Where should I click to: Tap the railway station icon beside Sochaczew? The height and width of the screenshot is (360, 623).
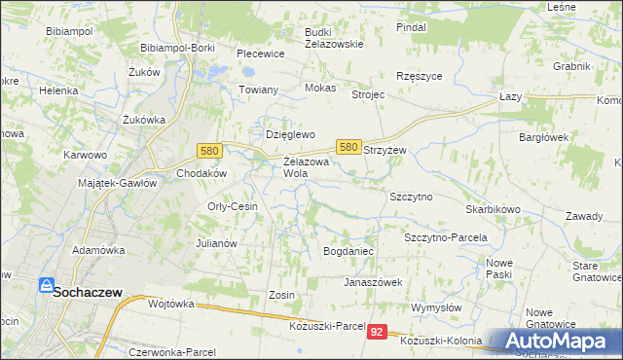pyautogui.click(x=45, y=285)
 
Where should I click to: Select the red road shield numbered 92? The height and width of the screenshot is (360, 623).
pyautogui.click(x=378, y=333)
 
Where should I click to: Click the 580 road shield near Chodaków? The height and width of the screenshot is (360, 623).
pyautogui.click(x=208, y=151)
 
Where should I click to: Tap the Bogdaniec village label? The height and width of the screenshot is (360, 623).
pyautogui.click(x=348, y=251)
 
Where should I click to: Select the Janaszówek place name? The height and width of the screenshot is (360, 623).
pyautogui.click(x=373, y=282)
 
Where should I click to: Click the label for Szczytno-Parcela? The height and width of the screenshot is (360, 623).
pyautogui.click(x=445, y=237)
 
